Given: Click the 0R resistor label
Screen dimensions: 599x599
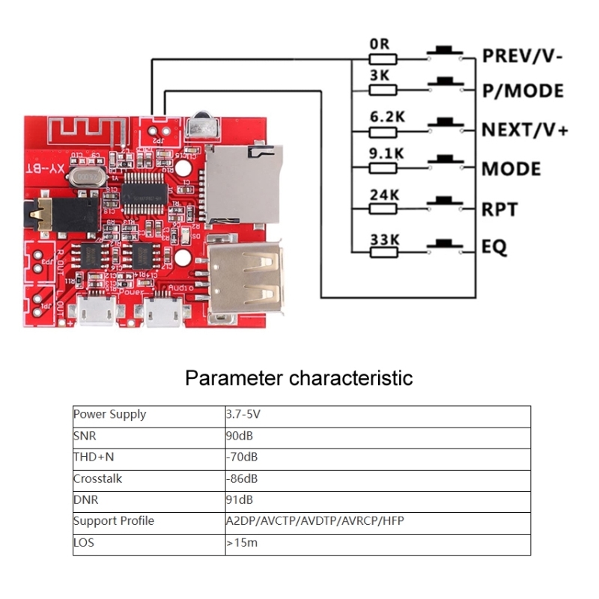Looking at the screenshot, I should [x=380, y=44].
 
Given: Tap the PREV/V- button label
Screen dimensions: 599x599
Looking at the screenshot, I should [x=522, y=55].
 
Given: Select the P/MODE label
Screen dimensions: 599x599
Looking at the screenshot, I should [x=522, y=91].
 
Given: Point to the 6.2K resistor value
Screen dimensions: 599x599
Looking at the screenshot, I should [x=386, y=118].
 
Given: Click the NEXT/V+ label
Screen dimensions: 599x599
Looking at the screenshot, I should [x=525, y=130].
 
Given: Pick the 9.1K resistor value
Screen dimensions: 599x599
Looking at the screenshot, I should [x=386, y=154].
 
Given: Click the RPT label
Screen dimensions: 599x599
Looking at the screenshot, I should [x=500, y=209].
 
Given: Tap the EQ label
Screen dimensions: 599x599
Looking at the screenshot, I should [x=494, y=246].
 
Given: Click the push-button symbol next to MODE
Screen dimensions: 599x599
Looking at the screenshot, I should [x=448, y=160].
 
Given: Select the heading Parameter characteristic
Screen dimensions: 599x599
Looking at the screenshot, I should [x=299, y=377].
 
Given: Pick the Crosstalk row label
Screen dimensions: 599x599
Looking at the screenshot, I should [x=97, y=478].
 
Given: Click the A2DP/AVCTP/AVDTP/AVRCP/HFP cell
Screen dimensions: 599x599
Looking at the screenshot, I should [x=314, y=520].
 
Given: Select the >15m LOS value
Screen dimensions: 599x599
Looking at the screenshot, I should [x=242, y=542].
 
